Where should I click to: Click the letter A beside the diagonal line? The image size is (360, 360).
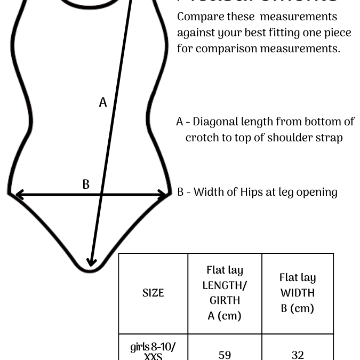pyautogui.click(x=103, y=102)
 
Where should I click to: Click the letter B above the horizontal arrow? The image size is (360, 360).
pyautogui.click(x=86, y=185)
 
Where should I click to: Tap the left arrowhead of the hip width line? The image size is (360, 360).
pyautogui.click(x=19, y=195)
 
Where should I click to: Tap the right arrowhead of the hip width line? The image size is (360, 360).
pyautogui.click(x=163, y=195)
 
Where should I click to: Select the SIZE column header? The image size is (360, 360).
pyautogui.click(x=153, y=293)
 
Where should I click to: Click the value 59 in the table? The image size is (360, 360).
pyautogui.click(x=225, y=354)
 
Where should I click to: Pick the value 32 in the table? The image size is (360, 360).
pyautogui.click(x=298, y=354)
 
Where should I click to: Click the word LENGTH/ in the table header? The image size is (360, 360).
pyautogui.click(x=225, y=285)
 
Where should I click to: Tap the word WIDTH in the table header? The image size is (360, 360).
pyautogui.click(x=298, y=293)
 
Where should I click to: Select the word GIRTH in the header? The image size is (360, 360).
pyautogui.click(x=225, y=300)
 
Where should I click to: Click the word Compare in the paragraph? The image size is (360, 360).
pyautogui.click(x=199, y=17)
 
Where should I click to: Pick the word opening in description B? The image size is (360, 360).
pyautogui.click(x=317, y=192)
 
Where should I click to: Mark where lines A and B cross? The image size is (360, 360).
pyautogui.click(x=101, y=195)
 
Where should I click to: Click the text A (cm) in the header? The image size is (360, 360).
pyautogui.click(x=225, y=316)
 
